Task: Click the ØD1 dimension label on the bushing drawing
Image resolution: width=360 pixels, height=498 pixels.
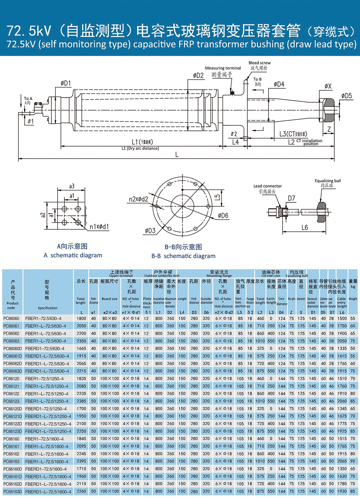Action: [x=66, y=84]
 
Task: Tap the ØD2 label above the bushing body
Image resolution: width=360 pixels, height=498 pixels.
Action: [x=198, y=75]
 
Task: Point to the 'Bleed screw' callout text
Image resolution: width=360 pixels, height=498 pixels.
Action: [x=259, y=63]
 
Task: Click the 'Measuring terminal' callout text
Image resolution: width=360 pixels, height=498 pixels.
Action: [x=223, y=68]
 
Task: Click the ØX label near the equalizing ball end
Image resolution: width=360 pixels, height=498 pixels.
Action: [x=328, y=86]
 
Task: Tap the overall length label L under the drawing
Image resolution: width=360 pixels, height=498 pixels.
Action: [x=177, y=154]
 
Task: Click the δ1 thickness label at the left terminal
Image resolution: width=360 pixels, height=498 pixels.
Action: [x=31, y=121]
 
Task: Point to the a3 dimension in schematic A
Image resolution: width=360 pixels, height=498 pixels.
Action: [x=72, y=186]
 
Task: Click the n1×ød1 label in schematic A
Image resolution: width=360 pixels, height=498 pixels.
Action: [x=99, y=227]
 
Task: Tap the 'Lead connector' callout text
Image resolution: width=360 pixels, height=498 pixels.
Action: [x=267, y=186]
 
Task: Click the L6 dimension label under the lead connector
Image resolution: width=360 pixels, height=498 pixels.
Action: [x=305, y=228]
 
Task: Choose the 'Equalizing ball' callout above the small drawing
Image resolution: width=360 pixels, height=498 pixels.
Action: [x=328, y=181]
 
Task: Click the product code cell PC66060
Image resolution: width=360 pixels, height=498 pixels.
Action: [x=11, y=319]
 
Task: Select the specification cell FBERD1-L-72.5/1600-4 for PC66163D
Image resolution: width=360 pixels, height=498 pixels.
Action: [x=48, y=492]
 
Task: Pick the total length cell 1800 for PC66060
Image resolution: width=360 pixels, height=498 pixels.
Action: [x=81, y=319]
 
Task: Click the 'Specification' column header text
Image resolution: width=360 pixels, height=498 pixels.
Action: [x=48, y=308]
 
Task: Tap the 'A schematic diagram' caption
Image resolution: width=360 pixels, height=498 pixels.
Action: [x=73, y=255]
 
